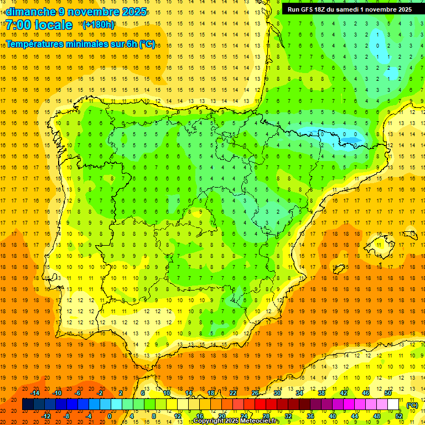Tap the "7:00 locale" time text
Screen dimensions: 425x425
point(39,25)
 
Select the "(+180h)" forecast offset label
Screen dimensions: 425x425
point(98,25)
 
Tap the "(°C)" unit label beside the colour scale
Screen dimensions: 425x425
point(412,405)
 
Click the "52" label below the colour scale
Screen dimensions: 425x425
point(399,417)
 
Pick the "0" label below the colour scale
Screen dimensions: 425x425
point(110,417)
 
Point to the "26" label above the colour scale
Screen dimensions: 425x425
point(255,393)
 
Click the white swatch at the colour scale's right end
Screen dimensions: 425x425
point(393,405)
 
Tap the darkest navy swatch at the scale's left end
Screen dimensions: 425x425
point(28,405)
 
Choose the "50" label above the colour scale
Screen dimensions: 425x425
point(387,393)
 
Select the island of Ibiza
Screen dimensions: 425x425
point(339,269)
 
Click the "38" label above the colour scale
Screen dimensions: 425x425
point(322,393)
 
